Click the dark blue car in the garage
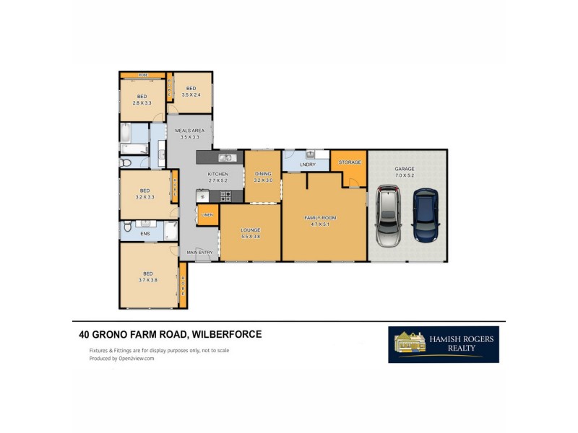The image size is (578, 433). [425, 215]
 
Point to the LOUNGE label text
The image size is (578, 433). [250, 229]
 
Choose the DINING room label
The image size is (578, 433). [262, 174]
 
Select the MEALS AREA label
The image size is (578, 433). [189, 131]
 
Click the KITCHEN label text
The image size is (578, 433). [217, 175]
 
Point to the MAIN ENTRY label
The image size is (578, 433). [200, 252]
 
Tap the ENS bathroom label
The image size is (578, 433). [144, 234]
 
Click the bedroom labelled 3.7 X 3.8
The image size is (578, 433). [148, 276]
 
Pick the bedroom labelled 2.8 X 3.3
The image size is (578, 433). [142, 100]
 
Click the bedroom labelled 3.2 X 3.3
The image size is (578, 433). [144, 193]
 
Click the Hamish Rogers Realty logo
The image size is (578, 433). [443, 345]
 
